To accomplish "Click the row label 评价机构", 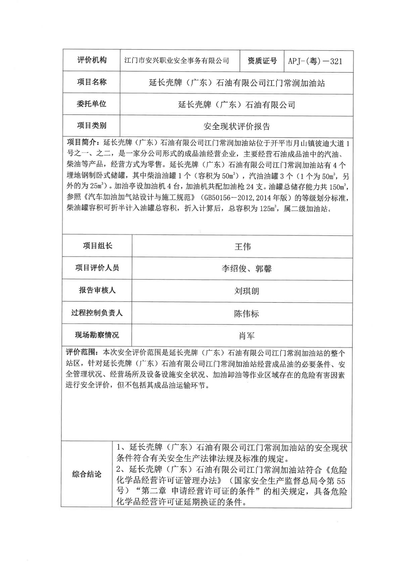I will point(92,60).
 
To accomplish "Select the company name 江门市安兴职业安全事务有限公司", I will point(177,61).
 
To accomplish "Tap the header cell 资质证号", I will point(262,61).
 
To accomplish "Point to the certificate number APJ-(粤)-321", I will point(315,61).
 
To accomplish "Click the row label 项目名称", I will point(92,82).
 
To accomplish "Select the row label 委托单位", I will point(92,104).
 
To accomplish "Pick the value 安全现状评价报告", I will point(236,126).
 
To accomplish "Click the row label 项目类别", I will point(92,125).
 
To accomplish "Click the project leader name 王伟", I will point(242,247).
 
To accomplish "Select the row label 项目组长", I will point(98,246).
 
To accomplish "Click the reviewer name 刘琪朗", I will point(246,291).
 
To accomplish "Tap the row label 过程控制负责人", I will point(97,313).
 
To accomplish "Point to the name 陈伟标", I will point(246,313).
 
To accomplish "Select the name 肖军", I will point(246,336).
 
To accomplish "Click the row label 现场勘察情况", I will point(97,335).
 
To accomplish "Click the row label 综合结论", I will point(87,474).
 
